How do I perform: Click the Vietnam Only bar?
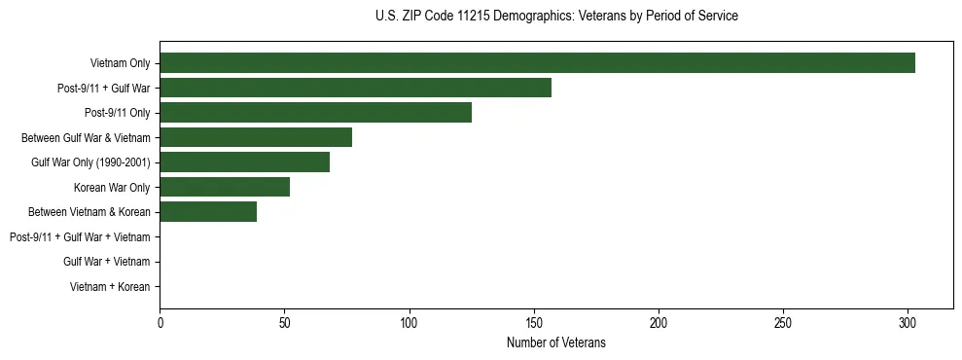tap(537, 63)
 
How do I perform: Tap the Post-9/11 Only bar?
tap(315, 113)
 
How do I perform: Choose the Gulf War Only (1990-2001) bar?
tap(244, 162)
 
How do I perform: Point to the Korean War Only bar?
tap(225, 187)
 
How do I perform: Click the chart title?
tap(556, 17)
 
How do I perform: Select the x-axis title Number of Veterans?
tap(556, 342)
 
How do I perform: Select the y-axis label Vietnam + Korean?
tap(110, 287)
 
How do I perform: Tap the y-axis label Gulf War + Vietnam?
tap(106, 262)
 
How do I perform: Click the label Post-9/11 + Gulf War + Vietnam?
tap(80, 237)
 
